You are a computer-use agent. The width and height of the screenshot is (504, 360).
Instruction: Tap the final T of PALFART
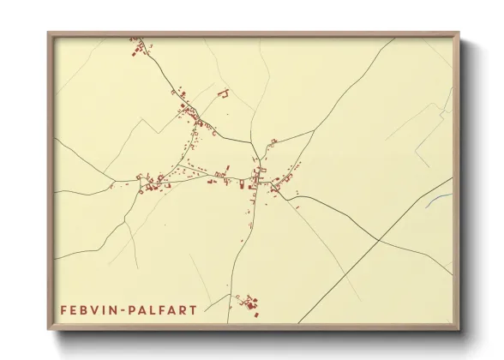(194, 309)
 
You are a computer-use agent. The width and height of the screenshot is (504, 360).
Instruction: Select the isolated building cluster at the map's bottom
(249, 303)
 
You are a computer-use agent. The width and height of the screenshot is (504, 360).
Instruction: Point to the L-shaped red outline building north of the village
(224, 93)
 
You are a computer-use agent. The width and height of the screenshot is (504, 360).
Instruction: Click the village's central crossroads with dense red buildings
(256, 180)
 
